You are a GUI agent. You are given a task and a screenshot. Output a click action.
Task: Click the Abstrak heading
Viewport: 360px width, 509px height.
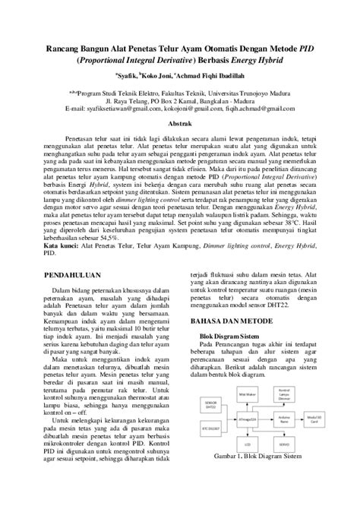pos(179,122)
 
